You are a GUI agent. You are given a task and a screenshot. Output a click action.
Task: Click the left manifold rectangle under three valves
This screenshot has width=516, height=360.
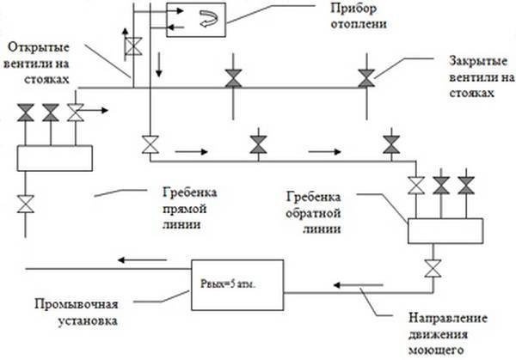tap(54, 158)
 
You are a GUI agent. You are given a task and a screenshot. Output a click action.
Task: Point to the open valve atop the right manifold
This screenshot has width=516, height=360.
tap(417, 184)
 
